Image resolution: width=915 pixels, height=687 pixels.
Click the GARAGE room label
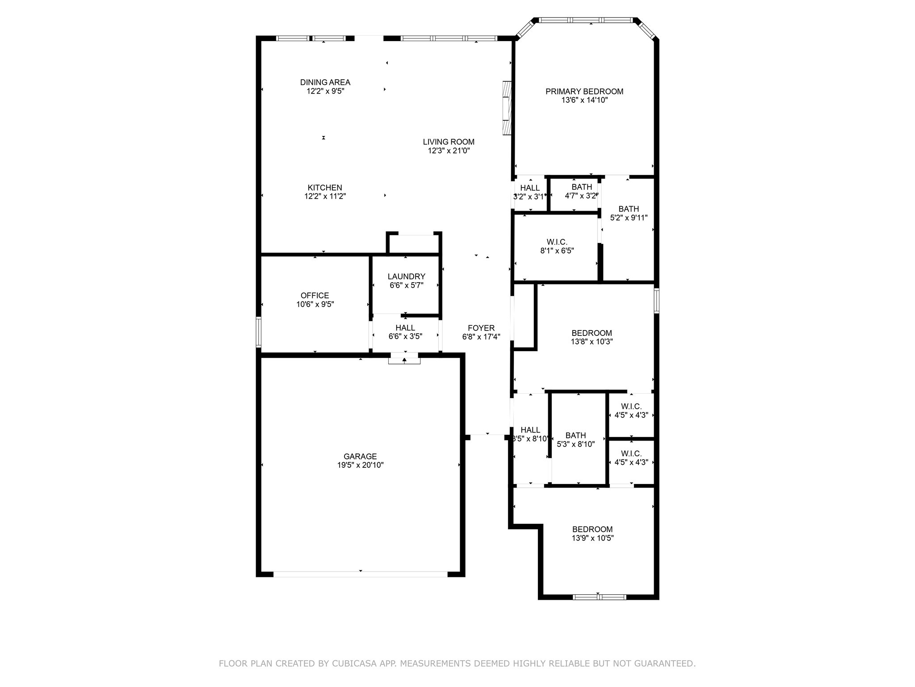(x=360, y=456)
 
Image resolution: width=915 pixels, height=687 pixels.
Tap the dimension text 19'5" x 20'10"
(x=360, y=465)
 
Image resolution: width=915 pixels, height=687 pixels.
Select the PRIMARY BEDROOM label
(x=584, y=91)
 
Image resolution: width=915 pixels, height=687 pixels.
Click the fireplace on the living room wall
(x=507, y=108)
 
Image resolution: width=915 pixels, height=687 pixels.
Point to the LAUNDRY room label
(x=406, y=276)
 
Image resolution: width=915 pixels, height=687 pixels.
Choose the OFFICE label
(x=315, y=295)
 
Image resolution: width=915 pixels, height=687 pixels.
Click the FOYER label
(x=481, y=328)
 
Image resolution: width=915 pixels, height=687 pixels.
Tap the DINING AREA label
(x=325, y=82)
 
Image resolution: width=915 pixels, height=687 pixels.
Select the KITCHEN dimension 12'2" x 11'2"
(x=325, y=196)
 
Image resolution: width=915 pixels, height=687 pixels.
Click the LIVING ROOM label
(x=449, y=142)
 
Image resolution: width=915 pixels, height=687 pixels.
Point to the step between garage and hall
(x=404, y=360)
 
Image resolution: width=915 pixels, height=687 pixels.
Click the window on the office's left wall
(x=258, y=331)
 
